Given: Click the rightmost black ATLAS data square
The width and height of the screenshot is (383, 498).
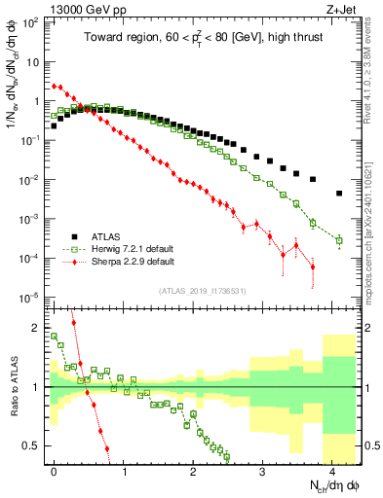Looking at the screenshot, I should click(x=339, y=194).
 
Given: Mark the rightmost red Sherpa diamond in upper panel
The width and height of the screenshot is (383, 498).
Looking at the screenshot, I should click(x=313, y=267).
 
